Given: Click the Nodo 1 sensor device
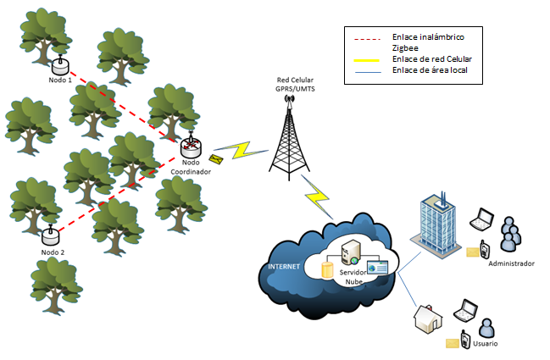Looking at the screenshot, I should (x=58, y=64).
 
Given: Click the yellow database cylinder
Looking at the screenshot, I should (x=327, y=270).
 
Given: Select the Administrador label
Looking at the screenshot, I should (x=511, y=263).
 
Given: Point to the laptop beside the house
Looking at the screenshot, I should (x=466, y=312).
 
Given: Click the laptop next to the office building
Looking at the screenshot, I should (x=481, y=219).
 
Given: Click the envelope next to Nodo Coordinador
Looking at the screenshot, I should (x=217, y=159).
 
